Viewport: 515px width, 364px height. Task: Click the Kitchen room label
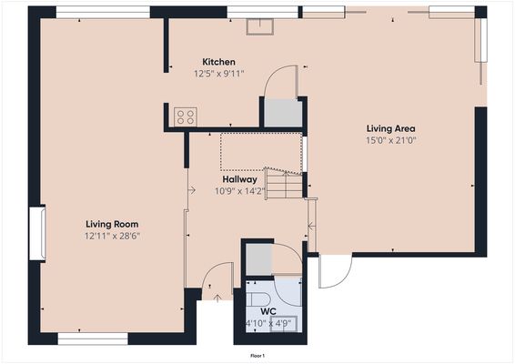pyautogui.click(x=219, y=62)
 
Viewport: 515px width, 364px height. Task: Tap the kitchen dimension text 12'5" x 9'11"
pyautogui.click(x=219, y=74)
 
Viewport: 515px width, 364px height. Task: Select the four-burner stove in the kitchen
pyautogui.click(x=186, y=116)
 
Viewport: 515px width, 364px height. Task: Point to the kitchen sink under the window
pyautogui.click(x=265, y=25)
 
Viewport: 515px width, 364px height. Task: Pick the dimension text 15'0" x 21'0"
pyautogui.click(x=390, y=140)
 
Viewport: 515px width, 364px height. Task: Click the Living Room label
pyautogui.click(x=112, y=223)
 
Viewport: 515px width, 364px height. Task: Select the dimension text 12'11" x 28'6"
pyautogui.click(x=112, y=235)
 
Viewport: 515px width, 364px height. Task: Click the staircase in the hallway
pyautogui.click(x=284, y=185)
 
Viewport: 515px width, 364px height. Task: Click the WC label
pyautogui.click(x=268, y=311)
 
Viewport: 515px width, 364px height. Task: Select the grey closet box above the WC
pyautogui.click(x=259, y=259)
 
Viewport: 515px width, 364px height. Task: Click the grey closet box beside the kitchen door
pyautogui.click(x=283, y=112)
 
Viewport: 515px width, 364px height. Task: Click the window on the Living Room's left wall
pyautogui.click(x=37, y=233)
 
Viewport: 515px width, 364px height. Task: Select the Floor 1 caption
pyautogui.click(x=257, y=355)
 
